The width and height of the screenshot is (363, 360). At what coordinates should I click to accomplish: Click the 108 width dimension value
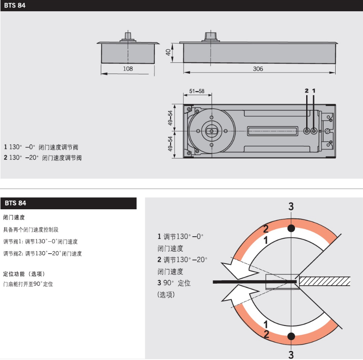pyautogui.click(x=128, y=69)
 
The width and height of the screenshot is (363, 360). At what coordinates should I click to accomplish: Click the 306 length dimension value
pyautogui.click(x=258, y=69)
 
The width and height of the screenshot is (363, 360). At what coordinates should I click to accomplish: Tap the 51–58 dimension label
pyautogui.click(x=197, y=91)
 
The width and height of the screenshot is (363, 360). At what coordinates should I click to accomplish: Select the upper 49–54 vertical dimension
pyautogui.click(x=170, y=118)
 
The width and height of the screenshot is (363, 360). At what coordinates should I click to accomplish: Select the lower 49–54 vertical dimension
pyautogui.click(x=170, y=144)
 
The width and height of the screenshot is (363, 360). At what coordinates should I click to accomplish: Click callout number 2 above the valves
pyautogui.click(x=307, y=90)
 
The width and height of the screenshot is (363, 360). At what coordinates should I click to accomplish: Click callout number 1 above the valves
pyautogui.click(x=314, y=90)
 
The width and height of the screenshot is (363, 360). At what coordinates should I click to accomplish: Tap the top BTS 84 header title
pyautogui.click(x=15, y=6)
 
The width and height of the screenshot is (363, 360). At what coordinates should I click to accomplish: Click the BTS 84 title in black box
pyautogui.click(x=16, y=203)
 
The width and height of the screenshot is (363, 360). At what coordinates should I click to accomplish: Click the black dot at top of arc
pyautogui.click(x=291, y=228)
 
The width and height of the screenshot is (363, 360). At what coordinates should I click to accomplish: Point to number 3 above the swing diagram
pyautogui.click(x=291, y=206)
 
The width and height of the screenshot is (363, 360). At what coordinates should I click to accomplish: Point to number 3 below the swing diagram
pyautogui.click(x=291, y=354)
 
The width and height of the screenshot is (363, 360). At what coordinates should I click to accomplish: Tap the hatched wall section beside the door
pyautogui.click(x=325, y=281)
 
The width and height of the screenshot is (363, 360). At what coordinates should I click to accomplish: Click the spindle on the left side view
pyautogui.click(x=128, y=35)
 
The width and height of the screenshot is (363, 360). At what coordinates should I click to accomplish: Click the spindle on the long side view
pyautogui.click(x=211, y=35)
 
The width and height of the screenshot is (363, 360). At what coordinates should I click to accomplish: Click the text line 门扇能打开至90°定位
pyautogui.click(x=28, y=284)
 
